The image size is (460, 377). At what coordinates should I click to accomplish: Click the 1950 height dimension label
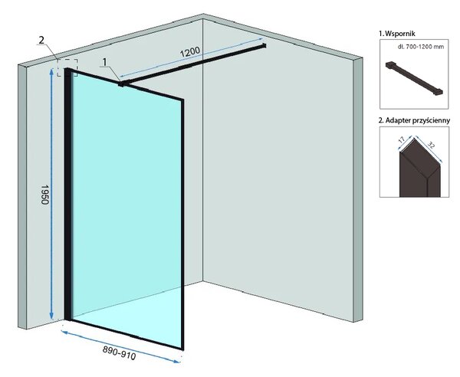(x=44, y=195)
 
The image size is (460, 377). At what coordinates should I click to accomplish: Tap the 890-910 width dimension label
(x=119, y=352)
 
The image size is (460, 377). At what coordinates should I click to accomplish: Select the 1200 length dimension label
(x=190, y=52)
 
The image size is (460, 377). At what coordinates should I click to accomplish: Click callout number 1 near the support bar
(x=105, y=62)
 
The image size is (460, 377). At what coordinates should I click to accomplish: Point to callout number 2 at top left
(x=41, y=40)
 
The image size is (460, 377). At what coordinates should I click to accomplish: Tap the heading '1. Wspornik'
(x=397, y=34)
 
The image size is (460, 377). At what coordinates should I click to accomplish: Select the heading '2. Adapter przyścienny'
(x=414, y=120)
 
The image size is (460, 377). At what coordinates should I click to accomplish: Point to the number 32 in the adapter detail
(x=431, y=146)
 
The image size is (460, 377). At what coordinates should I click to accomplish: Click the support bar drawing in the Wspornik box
(x=414, y=78)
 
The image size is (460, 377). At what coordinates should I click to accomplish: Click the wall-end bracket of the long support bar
(x=264, y=45)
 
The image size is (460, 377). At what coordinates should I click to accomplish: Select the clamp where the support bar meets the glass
(x=121, y=84)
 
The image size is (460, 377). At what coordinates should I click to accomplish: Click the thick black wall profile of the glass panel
(x=67, y=194)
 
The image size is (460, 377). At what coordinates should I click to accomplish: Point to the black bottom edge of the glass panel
(x=127, y=335)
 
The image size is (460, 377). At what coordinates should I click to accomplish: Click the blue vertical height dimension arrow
(x=51, y=194)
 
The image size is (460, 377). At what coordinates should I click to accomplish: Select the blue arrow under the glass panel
(x=120, y=346)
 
